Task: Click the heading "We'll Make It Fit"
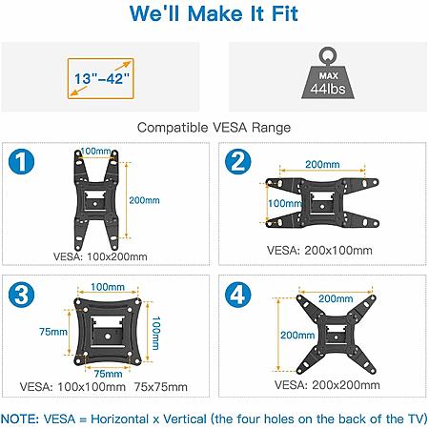click(214, 14)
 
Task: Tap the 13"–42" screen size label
click(102, 78)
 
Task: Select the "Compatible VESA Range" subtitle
click(214, 128)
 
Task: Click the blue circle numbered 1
click(21, 161)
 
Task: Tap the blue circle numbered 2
click(238, 161)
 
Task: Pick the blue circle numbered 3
click(21, 295)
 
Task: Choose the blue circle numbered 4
click(238, 295)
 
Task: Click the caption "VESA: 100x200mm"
click(100, 256)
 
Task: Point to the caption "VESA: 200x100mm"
click(319, 251)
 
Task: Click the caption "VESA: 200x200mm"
click(327, 385)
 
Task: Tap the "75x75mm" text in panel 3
click(160, 387)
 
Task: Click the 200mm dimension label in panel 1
click(144, 200)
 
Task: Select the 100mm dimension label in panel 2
click(284, 203)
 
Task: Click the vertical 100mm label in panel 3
click(155, 333)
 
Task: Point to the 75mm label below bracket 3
click(109, 374)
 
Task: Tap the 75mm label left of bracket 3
click(53, 332)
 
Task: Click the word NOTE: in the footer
click(20, 419)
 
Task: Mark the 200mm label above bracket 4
click(336, 298)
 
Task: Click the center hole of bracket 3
click(108, 336)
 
